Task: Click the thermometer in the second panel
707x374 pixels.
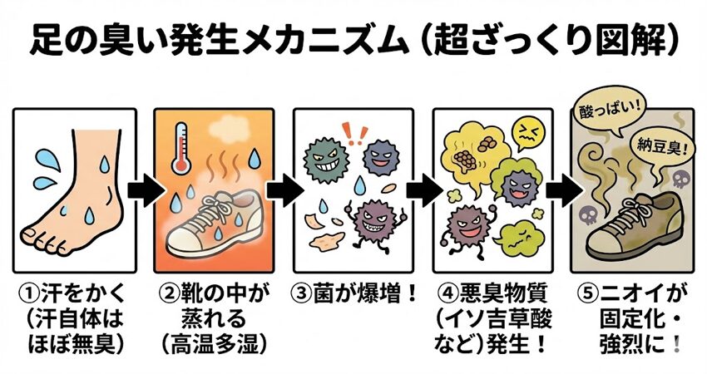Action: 181,150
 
